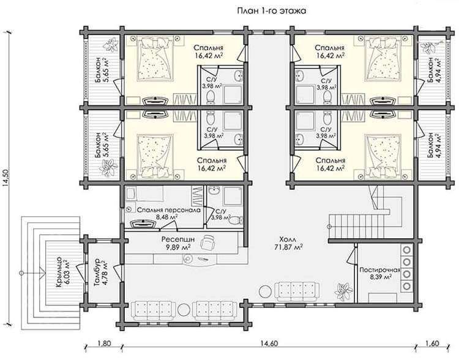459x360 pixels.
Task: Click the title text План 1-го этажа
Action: tap(271, 11)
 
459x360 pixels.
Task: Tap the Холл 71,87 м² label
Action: tap(288, 243)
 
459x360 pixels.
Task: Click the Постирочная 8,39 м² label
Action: tap(380, 274)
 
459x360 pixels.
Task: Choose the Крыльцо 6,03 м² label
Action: tap(61, 272)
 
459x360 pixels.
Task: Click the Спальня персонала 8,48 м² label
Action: tap(169, 214)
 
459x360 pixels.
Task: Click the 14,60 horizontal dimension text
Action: tap(268, 343)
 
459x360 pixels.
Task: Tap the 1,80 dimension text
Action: tap(104, 343)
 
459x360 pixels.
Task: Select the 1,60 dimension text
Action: tap(432, 343)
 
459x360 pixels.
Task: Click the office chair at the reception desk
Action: tap(208, 242)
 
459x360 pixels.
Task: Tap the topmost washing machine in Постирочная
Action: tap(406, 250)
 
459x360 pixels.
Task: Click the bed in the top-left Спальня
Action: tap(155, 60)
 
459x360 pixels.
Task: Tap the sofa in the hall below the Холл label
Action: tap(297, 291)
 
